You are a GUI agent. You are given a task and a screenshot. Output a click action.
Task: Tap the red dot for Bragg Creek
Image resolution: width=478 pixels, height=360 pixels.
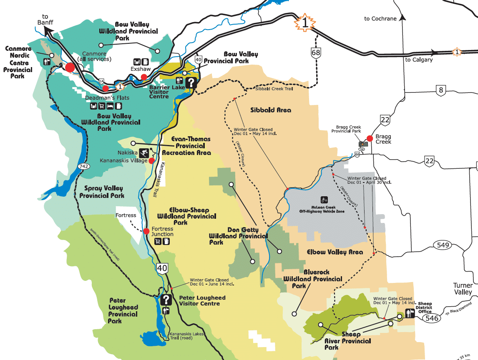click(369, 138)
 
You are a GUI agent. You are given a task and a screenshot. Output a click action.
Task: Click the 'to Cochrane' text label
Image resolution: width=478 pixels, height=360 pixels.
click(380, 19)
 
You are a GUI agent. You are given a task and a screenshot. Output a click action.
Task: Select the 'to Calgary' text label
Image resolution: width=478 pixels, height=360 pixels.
click(419, 60)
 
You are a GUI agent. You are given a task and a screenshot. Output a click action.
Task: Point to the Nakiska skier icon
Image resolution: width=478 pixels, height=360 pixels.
click(144, 152)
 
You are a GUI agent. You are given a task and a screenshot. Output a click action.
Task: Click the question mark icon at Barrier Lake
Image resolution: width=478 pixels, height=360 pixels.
click(191, 82)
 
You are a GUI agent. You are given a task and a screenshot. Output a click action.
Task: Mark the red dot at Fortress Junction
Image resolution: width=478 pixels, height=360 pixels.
click(146, 231)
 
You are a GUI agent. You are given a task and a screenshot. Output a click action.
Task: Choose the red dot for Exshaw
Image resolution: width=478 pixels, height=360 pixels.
click(143, 77)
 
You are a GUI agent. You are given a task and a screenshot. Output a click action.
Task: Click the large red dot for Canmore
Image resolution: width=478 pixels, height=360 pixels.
click(70, 67)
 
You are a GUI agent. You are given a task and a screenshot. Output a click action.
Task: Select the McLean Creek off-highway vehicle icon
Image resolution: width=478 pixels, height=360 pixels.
click(323, 200)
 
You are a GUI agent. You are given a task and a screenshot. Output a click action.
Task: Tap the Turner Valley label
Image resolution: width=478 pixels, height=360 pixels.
click(463, 289)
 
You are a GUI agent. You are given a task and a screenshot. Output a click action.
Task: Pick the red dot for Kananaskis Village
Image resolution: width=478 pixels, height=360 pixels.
click(152, 160)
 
